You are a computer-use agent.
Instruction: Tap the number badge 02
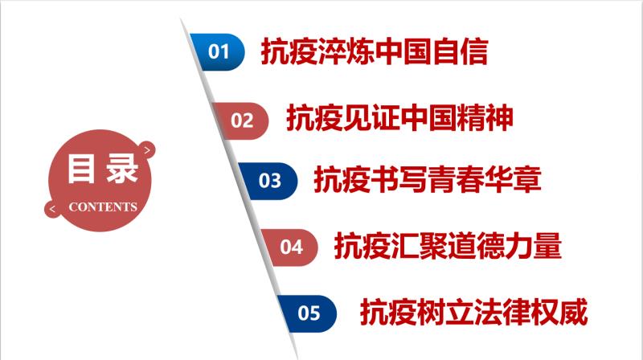(242, 121)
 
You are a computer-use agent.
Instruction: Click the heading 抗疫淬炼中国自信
(375, 52)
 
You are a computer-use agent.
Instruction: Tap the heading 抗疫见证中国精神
(399, 119)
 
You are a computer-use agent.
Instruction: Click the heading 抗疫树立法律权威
(474, 313)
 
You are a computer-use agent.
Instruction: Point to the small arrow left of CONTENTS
(53, 209)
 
